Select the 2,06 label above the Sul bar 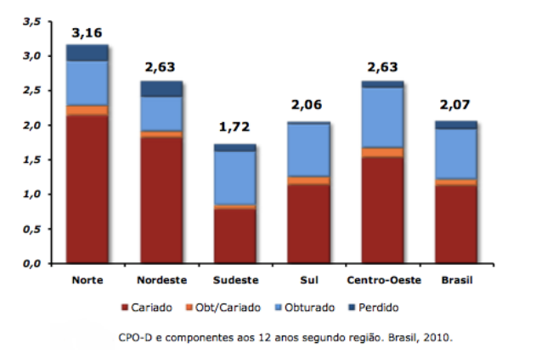[x=308, y=105]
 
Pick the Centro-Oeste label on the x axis [x=381, y=279]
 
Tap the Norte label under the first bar [x=88, y=279]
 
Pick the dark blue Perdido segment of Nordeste [x=161, y=89]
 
